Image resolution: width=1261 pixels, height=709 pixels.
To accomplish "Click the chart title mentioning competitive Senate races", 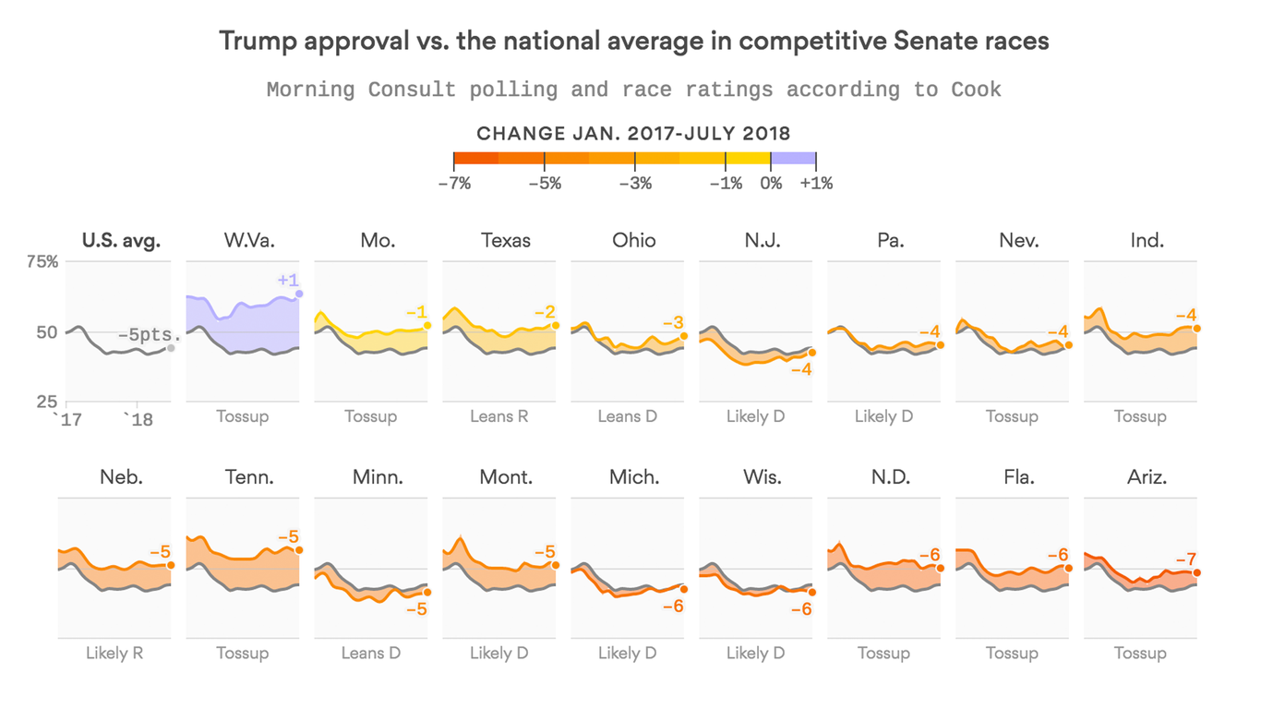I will [x=633, y=42].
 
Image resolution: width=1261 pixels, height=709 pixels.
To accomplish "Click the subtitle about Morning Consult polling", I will [x=633, y=90].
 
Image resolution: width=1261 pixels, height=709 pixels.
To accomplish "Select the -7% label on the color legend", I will [x=454, y=184].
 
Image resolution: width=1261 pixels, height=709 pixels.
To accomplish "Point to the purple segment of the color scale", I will [x=793, y=159].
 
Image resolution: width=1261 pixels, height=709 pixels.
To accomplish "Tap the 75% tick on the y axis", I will [x=42, y=261].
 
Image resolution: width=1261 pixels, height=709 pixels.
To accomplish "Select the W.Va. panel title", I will [x=249, y=241].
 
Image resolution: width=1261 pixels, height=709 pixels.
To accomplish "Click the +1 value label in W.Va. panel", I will [x=288, y=280].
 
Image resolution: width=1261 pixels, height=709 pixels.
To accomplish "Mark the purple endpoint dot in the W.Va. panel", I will [x=299, y=294].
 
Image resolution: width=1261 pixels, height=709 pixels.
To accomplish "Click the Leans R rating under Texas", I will [x=498, y=416].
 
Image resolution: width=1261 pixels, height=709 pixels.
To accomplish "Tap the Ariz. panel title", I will [x=1147, y=477].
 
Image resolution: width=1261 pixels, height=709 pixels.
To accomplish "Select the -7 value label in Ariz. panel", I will [x=1185, y=559].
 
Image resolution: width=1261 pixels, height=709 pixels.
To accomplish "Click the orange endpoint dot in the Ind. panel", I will [x=1196, y=329].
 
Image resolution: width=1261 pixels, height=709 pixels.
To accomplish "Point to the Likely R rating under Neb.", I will [x=114, y=653].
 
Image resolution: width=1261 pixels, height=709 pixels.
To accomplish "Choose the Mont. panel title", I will [x=506, y=477].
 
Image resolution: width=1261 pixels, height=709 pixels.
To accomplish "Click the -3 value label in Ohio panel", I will [x=673, y=322].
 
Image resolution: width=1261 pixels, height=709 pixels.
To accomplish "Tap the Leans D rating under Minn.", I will [x=370, y=653].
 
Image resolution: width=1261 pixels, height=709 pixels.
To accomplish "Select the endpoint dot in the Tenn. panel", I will [x=299, y=550].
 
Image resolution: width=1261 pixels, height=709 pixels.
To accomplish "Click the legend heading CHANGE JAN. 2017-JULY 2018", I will [x=633, y=133].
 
